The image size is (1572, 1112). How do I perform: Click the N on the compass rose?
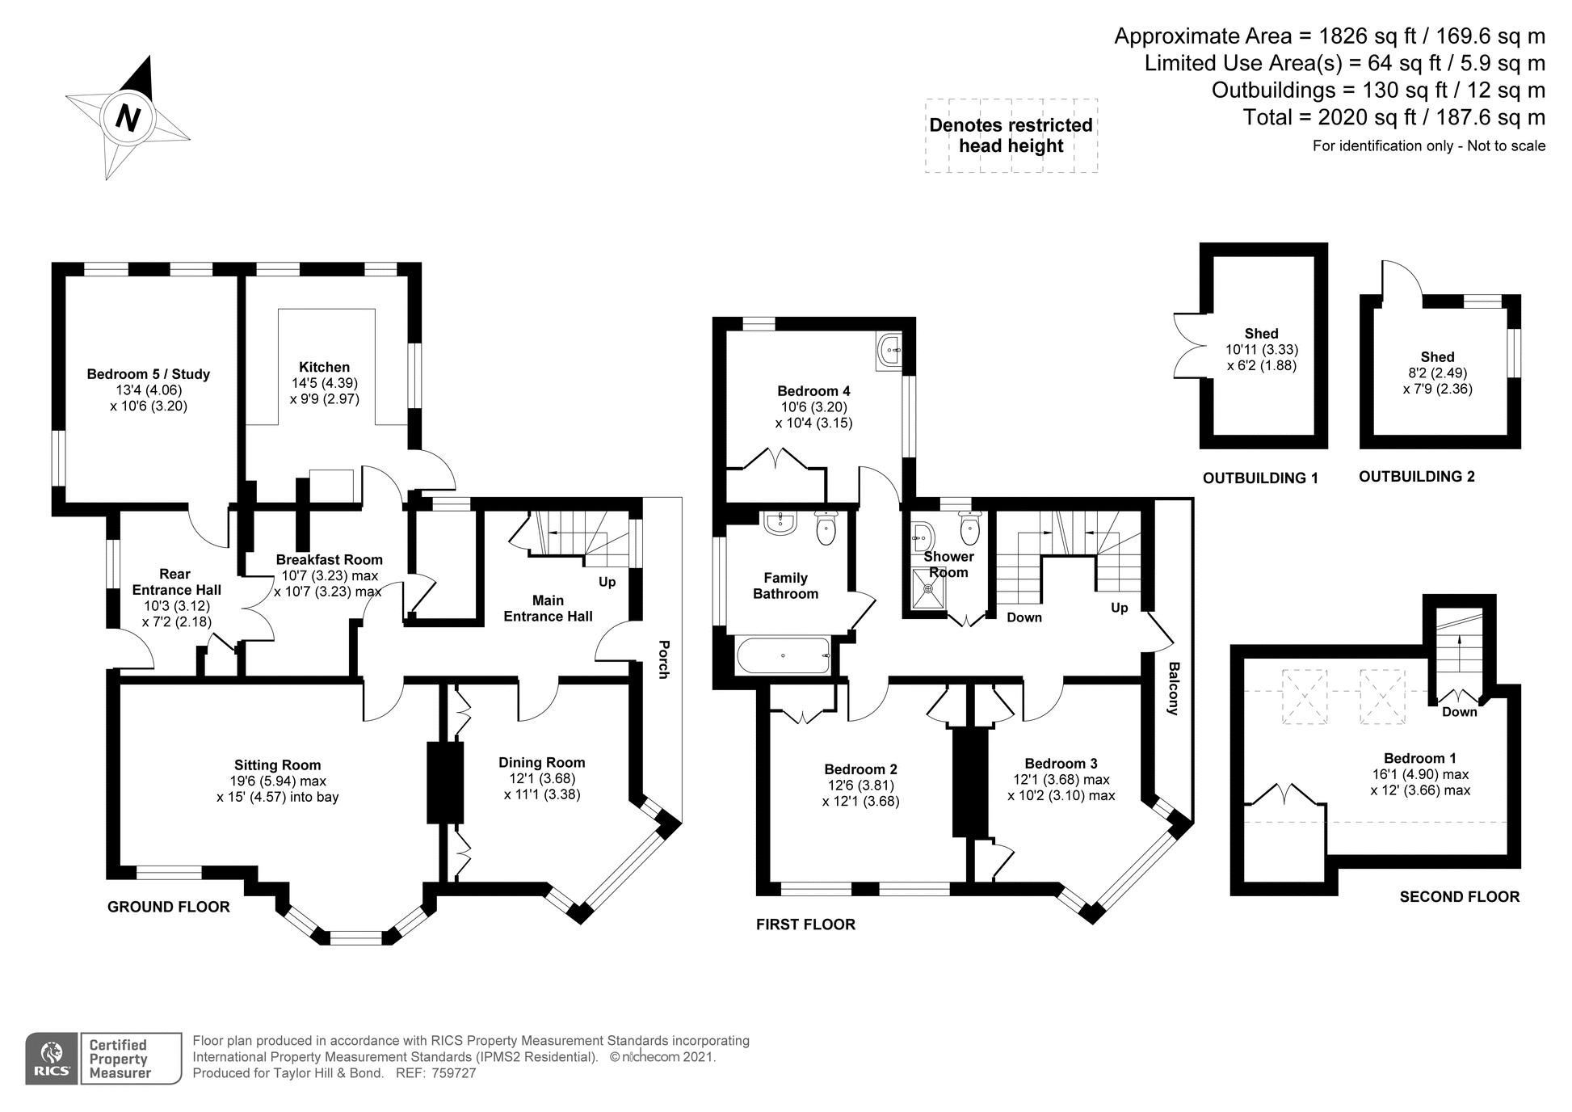point(128,117)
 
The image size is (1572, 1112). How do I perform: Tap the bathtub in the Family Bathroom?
point(783,655)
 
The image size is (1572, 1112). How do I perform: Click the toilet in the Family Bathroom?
point(826,528)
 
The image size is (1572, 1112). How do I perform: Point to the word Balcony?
point(1174,689)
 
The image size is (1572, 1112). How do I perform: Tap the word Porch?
point(663,659)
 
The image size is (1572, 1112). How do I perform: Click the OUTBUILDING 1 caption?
point(1260,478)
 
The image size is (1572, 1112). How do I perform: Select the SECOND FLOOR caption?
point(1459,896)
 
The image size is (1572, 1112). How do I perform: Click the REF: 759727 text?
point(435,1073)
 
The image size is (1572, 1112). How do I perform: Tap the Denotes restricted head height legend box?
point(1011,136)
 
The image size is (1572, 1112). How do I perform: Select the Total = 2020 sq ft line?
point(1393,117)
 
